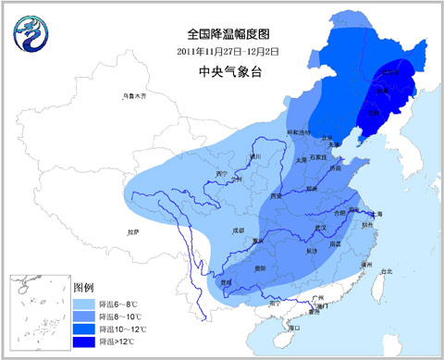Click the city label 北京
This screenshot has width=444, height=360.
click(x=327, y=139)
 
